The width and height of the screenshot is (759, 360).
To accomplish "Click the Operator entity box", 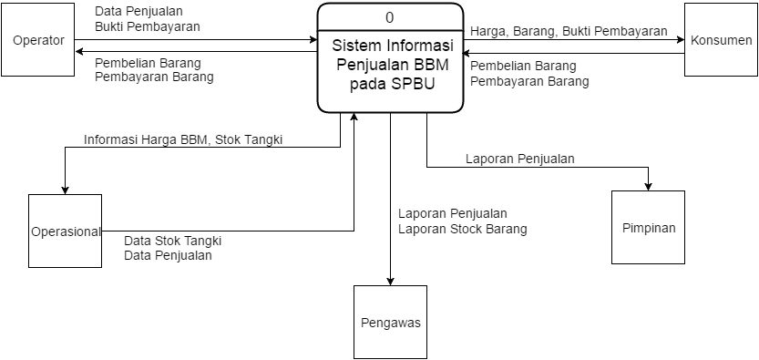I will (x=38, y=40).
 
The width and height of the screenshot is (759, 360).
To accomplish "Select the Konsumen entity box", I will (x=721, y=40).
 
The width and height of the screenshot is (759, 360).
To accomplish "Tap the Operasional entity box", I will (x=65, y=231).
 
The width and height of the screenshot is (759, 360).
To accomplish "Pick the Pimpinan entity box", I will (x=648, y=228).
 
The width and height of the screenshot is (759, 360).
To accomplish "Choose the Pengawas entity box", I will (x=390, y=322).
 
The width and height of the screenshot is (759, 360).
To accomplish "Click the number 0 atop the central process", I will (x=390, y=17).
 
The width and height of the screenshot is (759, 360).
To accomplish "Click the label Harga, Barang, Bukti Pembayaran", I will (x=568, y=31).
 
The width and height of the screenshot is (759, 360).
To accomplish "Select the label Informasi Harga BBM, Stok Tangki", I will (x=183, y=139).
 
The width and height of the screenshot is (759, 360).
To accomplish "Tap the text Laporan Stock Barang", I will (x=462, y=229).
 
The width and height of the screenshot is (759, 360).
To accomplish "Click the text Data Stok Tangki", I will (x=173, y=241).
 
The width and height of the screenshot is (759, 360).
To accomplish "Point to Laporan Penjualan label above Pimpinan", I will (x=519, y=158).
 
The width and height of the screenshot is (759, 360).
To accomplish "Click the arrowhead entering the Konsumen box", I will (x=680, y=40).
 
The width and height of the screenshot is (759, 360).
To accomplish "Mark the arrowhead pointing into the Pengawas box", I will (x=390, y=281).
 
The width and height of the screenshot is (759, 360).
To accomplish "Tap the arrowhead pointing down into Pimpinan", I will (x=648, y=186).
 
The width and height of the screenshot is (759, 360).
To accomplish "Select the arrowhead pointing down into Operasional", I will (x=65, y=190).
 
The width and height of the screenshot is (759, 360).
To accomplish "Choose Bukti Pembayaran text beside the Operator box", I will (x=147, y=26).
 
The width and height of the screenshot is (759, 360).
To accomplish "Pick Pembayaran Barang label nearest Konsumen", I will (x=529, y=81).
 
